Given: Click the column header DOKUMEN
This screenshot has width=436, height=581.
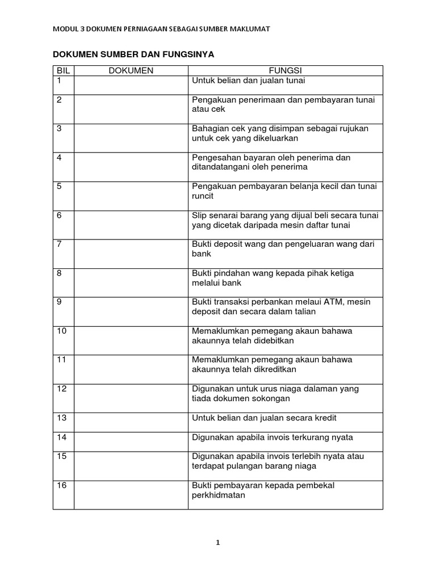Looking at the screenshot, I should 131,70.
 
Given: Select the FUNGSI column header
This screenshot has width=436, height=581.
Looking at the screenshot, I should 286,70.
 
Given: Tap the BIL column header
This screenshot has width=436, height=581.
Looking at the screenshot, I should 63,70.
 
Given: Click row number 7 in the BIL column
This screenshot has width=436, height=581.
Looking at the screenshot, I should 60,244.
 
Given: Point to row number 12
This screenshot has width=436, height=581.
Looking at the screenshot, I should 62,389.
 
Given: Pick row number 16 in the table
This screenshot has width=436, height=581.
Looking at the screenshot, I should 62,485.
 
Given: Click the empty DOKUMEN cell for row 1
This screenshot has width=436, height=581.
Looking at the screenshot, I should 131,85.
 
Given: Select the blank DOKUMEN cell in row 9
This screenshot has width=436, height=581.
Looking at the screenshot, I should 131,311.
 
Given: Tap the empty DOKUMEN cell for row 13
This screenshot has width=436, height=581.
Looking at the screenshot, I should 131,422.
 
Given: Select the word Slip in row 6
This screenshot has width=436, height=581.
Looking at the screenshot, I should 200,215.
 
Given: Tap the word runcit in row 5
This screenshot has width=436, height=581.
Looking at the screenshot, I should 202,196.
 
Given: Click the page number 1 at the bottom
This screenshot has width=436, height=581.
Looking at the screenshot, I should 217,542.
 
